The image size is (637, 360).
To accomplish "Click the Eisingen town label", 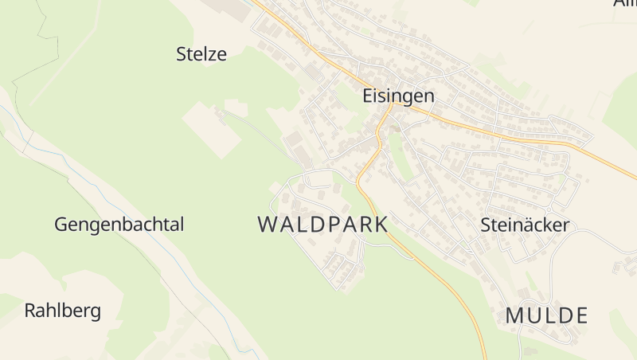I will [x=398, y=96].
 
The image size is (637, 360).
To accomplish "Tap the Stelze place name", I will [x=201, y=54].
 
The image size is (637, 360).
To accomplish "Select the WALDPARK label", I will [x=322, y=224].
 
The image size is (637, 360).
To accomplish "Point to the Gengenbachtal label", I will [x=119, y=225].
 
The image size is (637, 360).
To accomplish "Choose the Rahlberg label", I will [x=63, y=311].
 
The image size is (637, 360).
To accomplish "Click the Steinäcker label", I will [x=525, y=225].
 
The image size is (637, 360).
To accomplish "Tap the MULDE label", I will [x=546, y=315].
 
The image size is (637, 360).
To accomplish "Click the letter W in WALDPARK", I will [x=268, y=224].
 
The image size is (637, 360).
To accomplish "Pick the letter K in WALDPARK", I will [x=379, y=224].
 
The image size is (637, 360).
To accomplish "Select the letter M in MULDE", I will [x=514, y=315].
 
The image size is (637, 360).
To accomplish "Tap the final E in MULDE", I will [x=580, y=315].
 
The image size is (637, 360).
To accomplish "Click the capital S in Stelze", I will [x=181, y=54].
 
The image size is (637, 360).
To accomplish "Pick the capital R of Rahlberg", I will [x=30, y=311].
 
